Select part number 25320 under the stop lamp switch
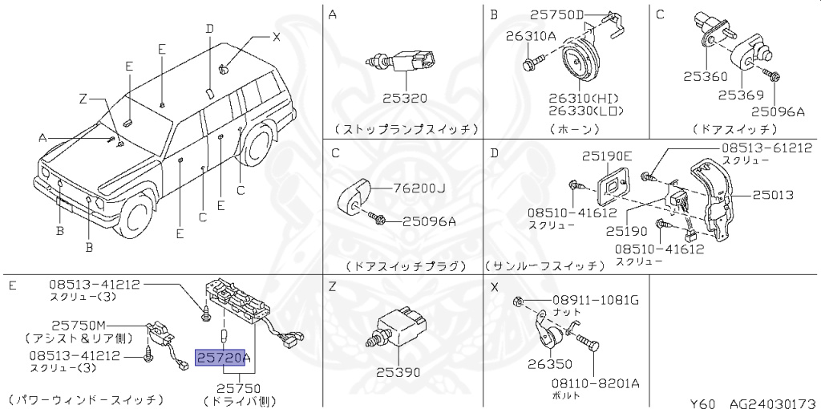tap(404, 99)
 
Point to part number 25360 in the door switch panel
tap(706, 77)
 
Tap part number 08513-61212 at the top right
tap(766, 148)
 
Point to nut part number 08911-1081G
tap(595, 300)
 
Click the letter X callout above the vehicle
tap(277, 36)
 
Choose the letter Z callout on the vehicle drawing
tap(82, 99)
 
